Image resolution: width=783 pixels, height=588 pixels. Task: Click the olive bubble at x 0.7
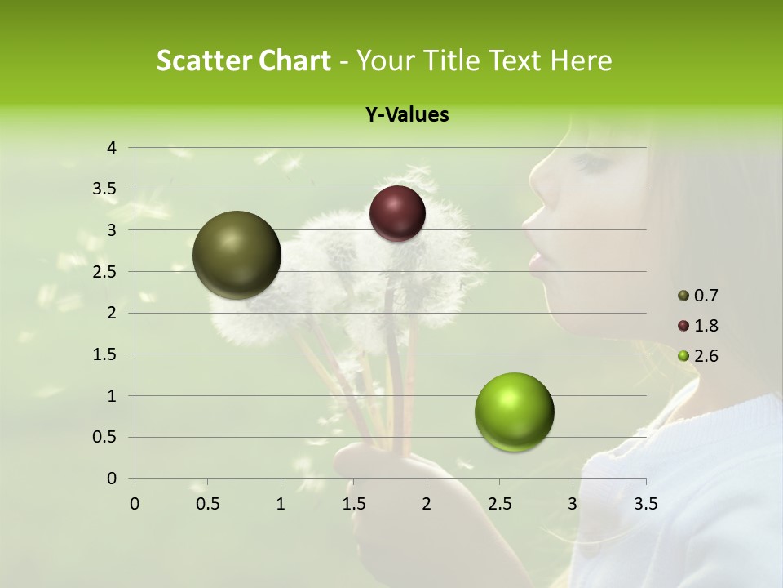[x=237, y=255]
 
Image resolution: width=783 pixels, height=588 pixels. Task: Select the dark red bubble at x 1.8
[x=397, y=213]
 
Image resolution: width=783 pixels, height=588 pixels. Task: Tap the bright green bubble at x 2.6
[x=514, y=412]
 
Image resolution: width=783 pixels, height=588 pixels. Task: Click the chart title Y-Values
[x=407, y=115]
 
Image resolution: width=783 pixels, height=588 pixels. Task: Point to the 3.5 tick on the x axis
[x=645, y=504]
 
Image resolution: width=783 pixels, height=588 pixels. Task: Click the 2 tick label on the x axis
[x=427, y=504]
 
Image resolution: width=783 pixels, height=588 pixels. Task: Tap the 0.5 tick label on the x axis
[x=207, y=504]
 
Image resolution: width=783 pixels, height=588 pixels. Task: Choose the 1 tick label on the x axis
[x=281, y=504]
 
